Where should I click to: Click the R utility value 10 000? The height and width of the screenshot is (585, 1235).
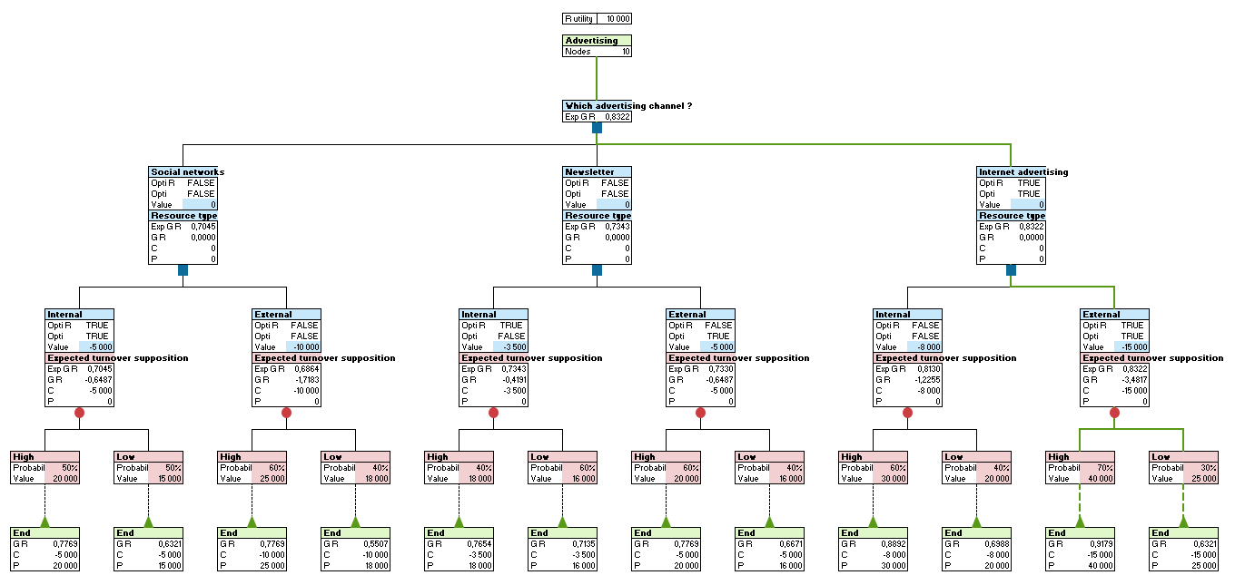(615, 18)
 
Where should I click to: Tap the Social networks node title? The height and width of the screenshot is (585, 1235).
(187, 172)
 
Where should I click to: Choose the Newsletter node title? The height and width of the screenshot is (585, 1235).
(589, 172)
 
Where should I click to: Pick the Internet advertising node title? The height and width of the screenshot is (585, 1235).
(1023, 172)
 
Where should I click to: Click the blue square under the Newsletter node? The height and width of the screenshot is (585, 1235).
(597, 270)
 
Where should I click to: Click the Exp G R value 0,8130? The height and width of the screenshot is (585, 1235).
(924, 369)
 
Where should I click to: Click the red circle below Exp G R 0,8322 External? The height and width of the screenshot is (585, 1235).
(1114, 413)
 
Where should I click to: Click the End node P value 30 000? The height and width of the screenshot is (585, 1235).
(889, 566)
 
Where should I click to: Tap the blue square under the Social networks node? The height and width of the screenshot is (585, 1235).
(183, 270)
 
